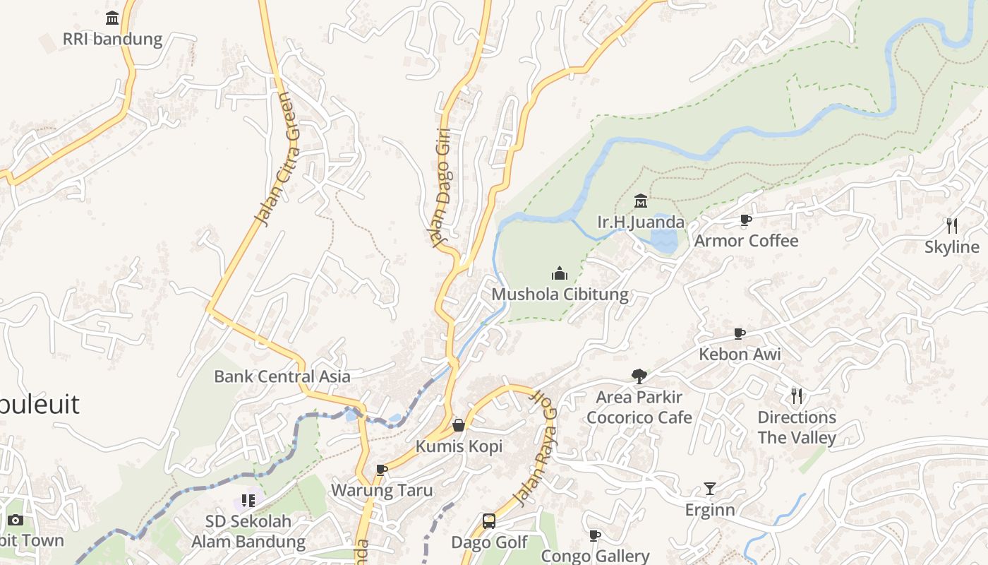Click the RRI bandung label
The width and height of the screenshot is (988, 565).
112,39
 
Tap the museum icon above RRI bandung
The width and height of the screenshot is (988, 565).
112,18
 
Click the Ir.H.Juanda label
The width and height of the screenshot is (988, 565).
641,222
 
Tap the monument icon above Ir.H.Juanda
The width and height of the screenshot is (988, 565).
641,202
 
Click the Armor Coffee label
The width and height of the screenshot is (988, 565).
746,241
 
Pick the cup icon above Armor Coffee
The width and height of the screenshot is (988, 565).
746,220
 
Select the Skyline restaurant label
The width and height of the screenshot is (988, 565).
952,247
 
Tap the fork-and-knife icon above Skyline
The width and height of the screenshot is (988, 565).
952,226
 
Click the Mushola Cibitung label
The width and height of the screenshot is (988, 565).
560,294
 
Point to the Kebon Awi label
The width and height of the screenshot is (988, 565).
740,354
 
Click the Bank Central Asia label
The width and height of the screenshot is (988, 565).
282,376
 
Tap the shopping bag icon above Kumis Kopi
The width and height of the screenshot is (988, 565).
459,425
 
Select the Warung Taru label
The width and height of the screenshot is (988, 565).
382,490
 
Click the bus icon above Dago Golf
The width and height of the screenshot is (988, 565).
489,522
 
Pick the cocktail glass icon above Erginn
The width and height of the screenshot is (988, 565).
710,489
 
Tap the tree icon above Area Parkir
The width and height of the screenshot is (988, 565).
639,376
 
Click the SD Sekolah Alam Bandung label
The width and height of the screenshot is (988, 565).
248,532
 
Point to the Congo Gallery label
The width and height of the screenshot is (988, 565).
595,557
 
